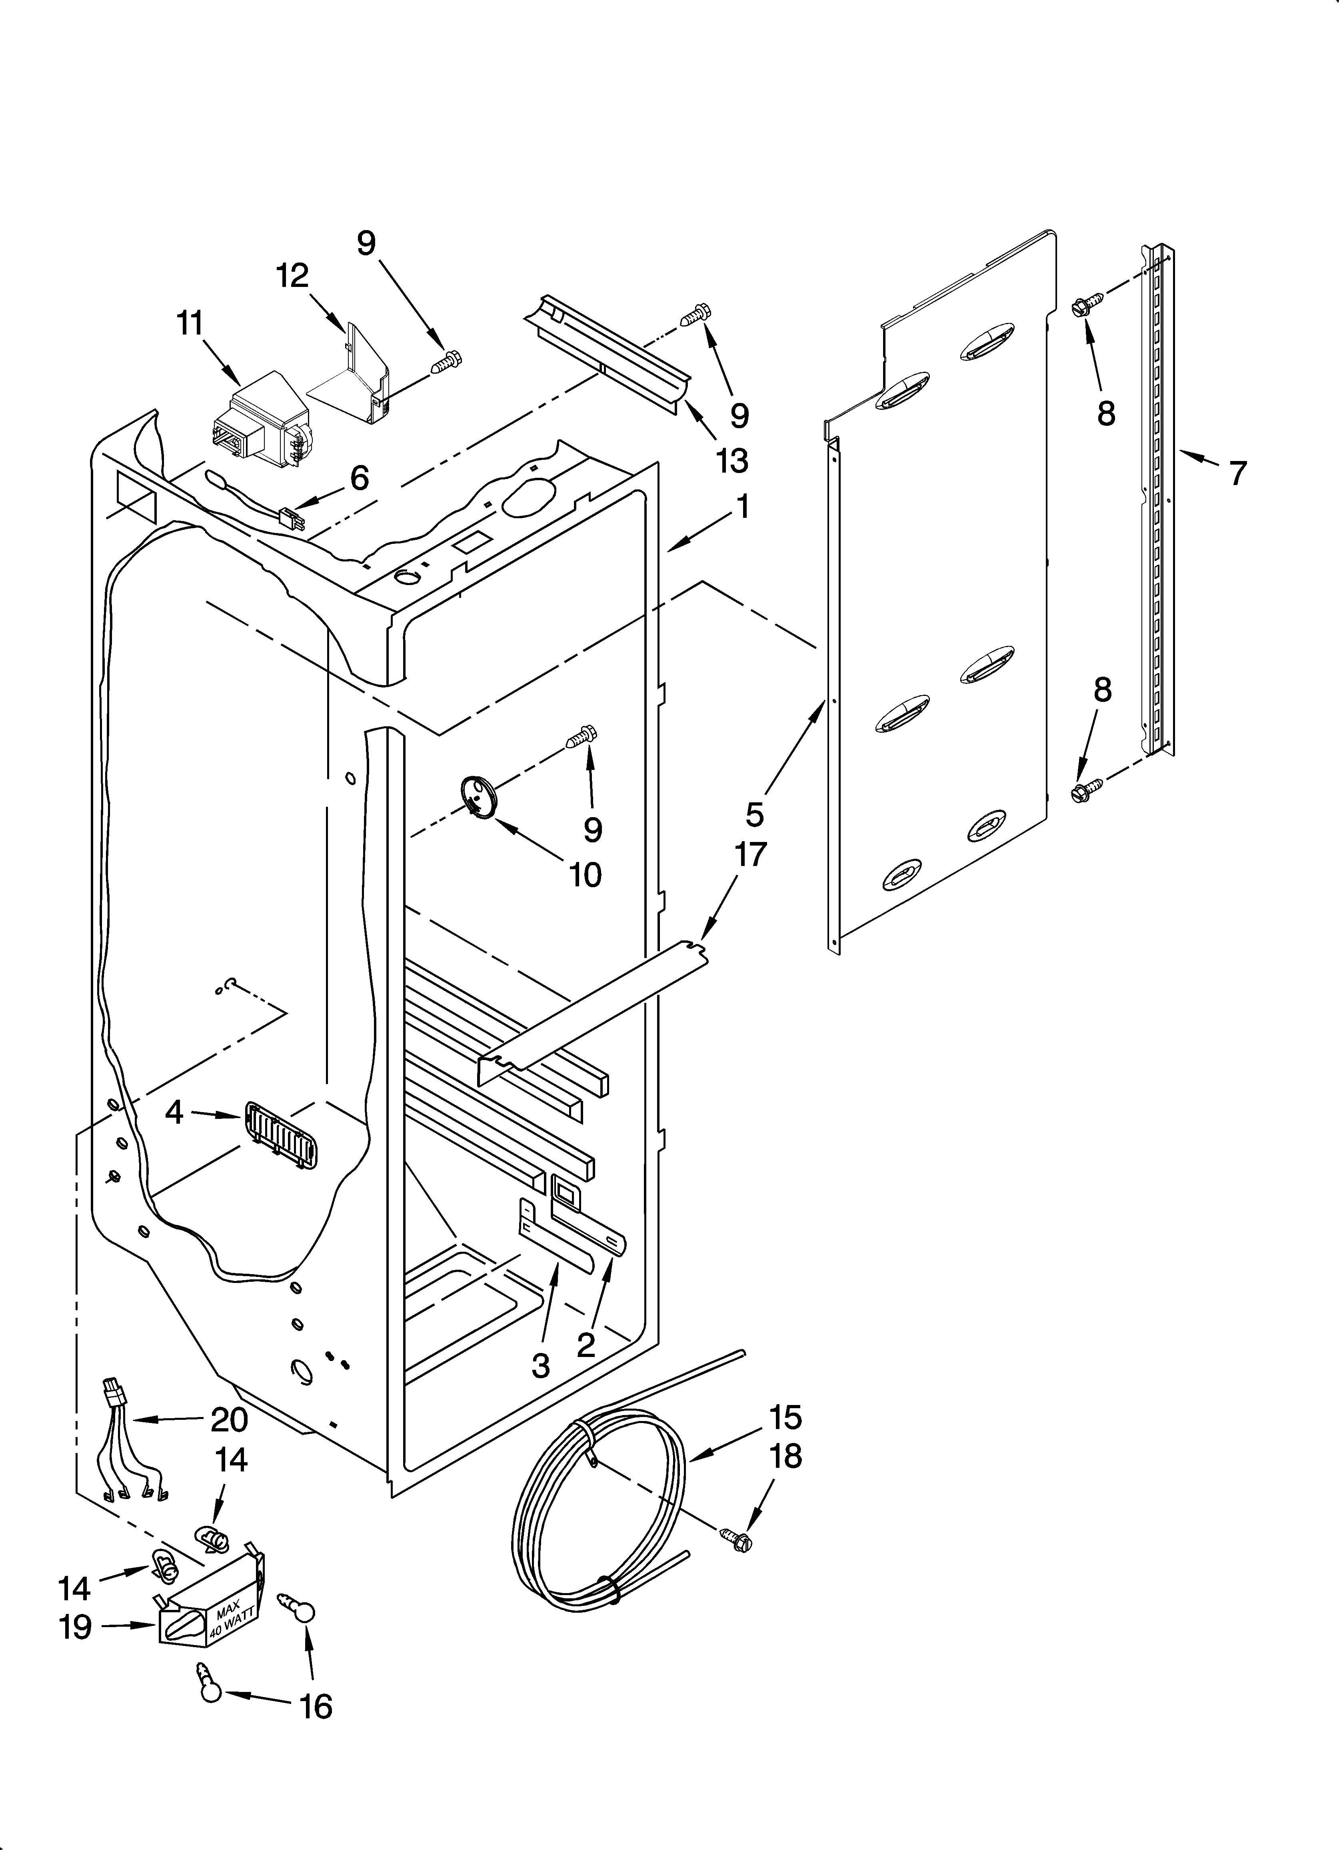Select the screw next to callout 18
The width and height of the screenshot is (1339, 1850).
click(x=735, y=1539)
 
